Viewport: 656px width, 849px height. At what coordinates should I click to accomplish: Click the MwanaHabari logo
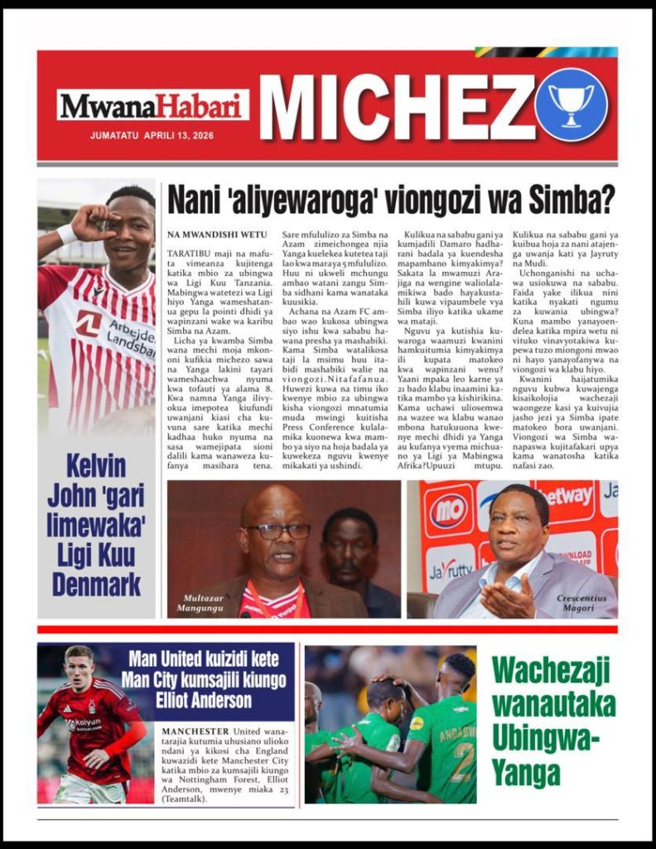153,105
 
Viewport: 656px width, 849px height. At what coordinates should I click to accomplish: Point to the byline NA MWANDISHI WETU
206,235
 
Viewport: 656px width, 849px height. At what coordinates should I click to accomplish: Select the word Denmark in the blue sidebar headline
95,585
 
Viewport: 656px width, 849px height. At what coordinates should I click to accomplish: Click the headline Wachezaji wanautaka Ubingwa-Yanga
553,720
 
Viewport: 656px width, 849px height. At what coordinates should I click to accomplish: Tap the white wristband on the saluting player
66,234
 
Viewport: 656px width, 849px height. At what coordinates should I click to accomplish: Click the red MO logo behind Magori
448,511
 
